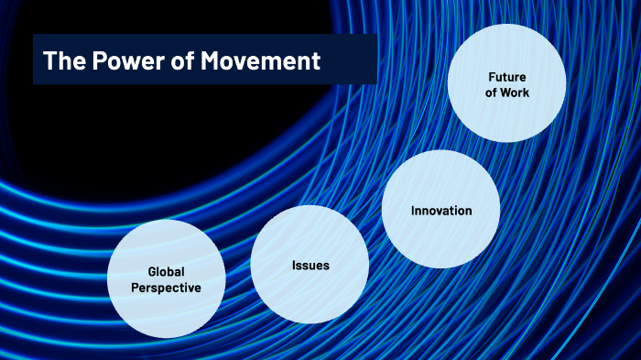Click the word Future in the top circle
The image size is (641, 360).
506,76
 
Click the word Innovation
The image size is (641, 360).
440,211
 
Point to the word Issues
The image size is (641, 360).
310,266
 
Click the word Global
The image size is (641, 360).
166,272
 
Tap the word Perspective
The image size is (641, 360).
166,289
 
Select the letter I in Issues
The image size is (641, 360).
293,266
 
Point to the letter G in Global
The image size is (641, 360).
151,272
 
